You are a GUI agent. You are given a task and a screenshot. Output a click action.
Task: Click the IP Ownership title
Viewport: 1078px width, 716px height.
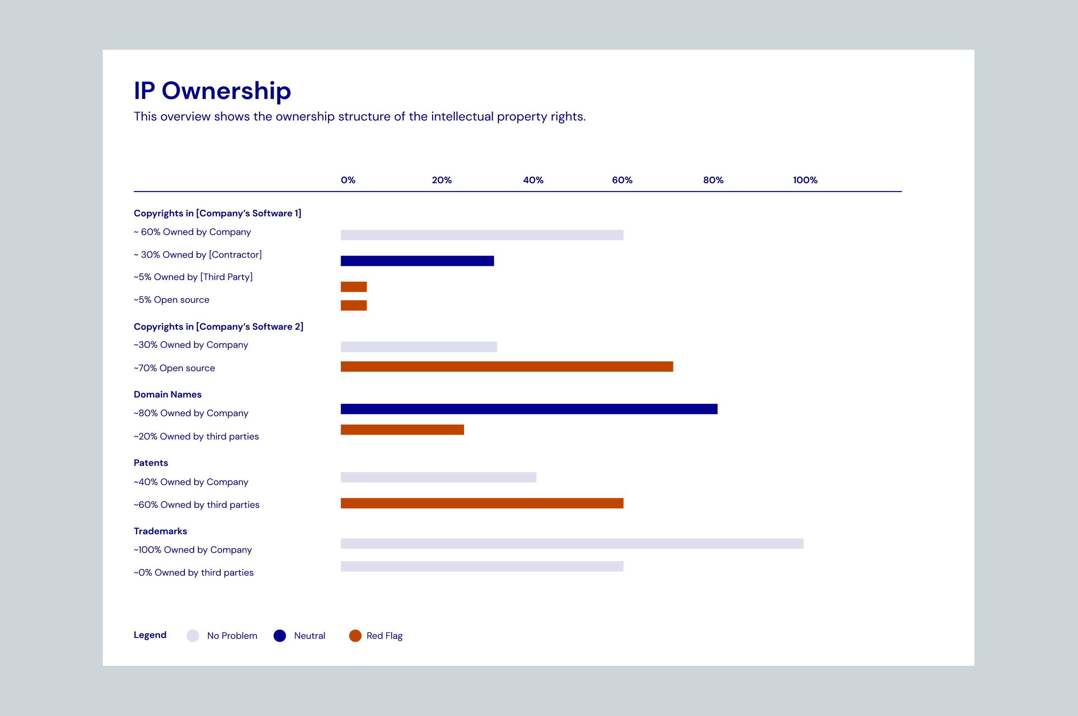(212, 91)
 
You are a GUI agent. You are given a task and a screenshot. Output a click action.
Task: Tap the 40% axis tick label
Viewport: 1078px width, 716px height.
(533, 180)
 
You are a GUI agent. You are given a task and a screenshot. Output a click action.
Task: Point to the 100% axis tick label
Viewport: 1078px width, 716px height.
(805, 180)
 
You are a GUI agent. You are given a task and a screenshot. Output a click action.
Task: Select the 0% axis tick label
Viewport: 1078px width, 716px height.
(348, 180)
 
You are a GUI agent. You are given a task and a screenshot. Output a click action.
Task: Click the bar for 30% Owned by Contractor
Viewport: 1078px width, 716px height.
(417, 261)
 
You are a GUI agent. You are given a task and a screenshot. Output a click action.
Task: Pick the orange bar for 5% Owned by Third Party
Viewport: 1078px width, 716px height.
(353, 287)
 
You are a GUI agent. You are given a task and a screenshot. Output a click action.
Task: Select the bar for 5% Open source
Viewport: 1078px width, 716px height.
(353, 305)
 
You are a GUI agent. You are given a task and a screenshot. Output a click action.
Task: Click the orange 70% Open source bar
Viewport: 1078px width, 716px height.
(506, 367)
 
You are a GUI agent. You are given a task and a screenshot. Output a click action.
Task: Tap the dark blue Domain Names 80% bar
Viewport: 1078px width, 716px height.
(529, 409)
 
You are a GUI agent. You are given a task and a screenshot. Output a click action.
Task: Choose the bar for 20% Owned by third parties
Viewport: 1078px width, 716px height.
(402, 430)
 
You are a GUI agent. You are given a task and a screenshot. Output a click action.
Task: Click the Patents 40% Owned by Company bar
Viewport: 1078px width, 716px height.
(438, 477)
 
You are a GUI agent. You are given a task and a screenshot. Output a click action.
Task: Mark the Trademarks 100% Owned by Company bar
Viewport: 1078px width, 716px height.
(572, 543)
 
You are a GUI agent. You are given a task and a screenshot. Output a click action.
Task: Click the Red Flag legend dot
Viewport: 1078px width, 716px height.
(355, 636)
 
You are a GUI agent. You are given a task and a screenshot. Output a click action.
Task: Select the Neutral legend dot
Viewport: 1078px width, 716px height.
(280, 636)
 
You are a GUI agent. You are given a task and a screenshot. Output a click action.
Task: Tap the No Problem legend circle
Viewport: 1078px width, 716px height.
(193, 636)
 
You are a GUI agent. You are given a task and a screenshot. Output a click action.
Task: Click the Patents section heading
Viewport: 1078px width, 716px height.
(151, 462)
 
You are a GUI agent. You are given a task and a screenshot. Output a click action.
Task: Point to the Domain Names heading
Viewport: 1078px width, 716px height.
(168, 395)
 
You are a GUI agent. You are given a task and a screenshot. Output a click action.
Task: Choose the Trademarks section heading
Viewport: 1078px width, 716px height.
(160, 531)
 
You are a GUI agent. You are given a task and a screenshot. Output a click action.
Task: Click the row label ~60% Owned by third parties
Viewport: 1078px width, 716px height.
(196, 505)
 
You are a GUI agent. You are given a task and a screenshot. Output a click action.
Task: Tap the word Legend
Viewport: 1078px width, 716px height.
(150, 635)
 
